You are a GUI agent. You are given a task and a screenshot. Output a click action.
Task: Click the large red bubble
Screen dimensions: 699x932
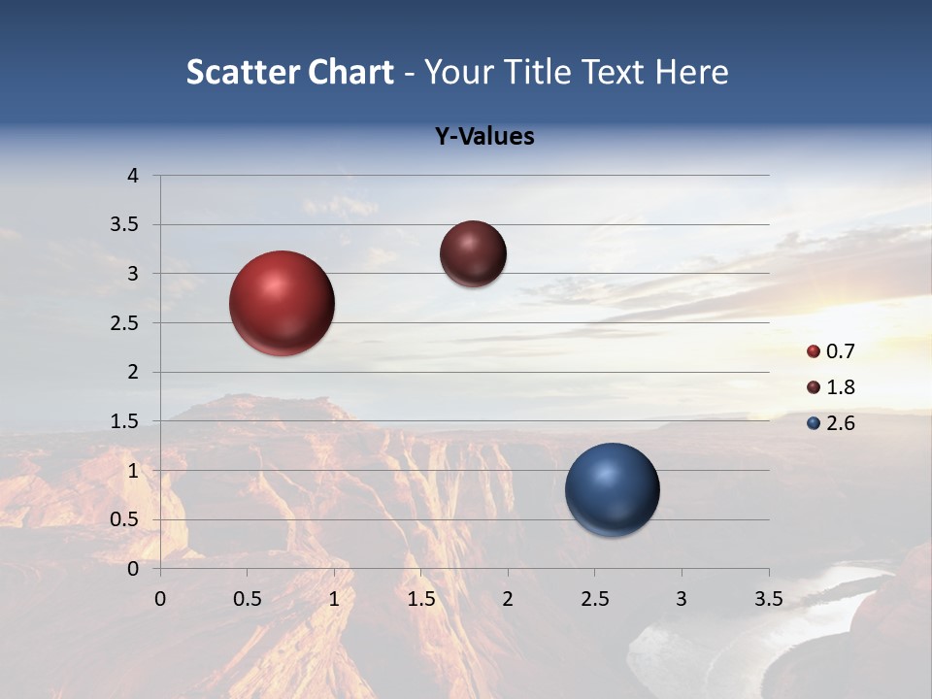(x=283, y=303)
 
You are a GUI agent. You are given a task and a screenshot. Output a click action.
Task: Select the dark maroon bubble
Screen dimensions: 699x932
(x=473, y=253)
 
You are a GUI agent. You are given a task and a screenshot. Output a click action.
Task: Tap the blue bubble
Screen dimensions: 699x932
(x=613, y=489)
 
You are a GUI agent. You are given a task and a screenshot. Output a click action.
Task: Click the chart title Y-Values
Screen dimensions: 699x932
(x=484, y=137)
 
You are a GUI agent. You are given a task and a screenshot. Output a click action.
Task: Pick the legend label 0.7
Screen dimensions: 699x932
(x=840, y=351)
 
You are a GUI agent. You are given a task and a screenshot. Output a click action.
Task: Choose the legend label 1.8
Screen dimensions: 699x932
(x=840, y=387)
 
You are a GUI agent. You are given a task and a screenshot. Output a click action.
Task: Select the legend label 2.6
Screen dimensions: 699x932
(x=840, y=423)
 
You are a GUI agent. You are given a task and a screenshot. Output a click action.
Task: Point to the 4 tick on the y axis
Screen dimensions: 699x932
(x=133, y=176)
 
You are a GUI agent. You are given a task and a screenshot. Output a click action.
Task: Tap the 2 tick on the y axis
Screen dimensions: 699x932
(x=133, y=372)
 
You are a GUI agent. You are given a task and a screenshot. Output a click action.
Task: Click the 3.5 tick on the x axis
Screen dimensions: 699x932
(x=768, y=599)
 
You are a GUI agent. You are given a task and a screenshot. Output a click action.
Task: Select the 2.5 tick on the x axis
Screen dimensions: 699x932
(x=594, y=599)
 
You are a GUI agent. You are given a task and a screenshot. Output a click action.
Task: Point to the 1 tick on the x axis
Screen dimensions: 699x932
(x=334, y=599)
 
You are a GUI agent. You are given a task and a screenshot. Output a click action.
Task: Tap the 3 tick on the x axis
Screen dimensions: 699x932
(x=682, y=599)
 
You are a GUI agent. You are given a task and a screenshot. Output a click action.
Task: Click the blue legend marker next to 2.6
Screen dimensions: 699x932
(x=814, y=423)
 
